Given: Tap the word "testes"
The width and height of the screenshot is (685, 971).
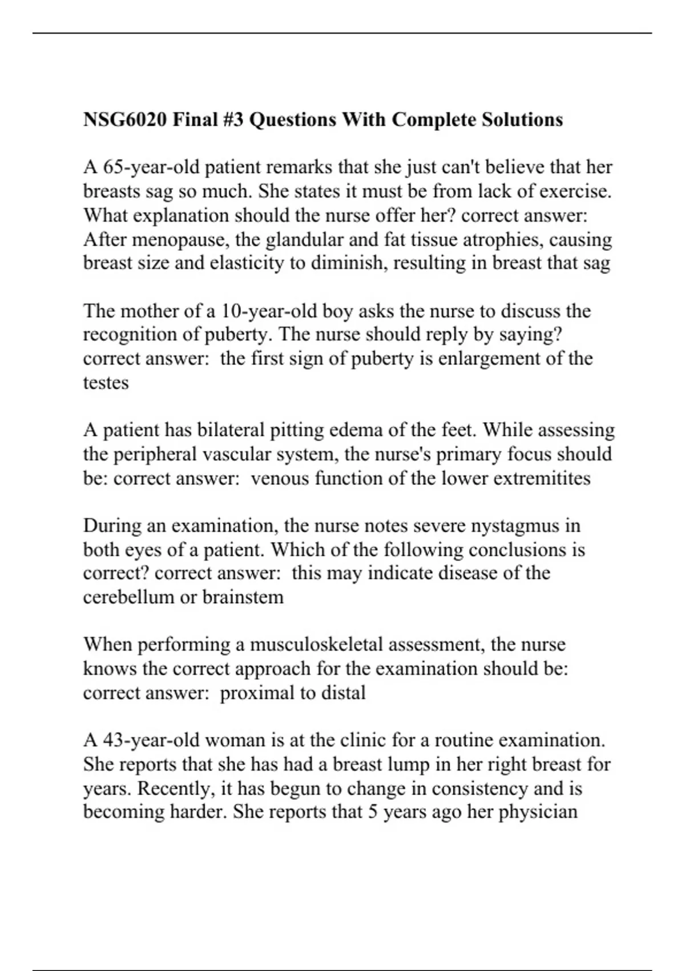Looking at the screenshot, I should tap(106, 383).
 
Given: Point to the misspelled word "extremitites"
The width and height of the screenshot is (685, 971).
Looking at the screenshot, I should tap(542, 478).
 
